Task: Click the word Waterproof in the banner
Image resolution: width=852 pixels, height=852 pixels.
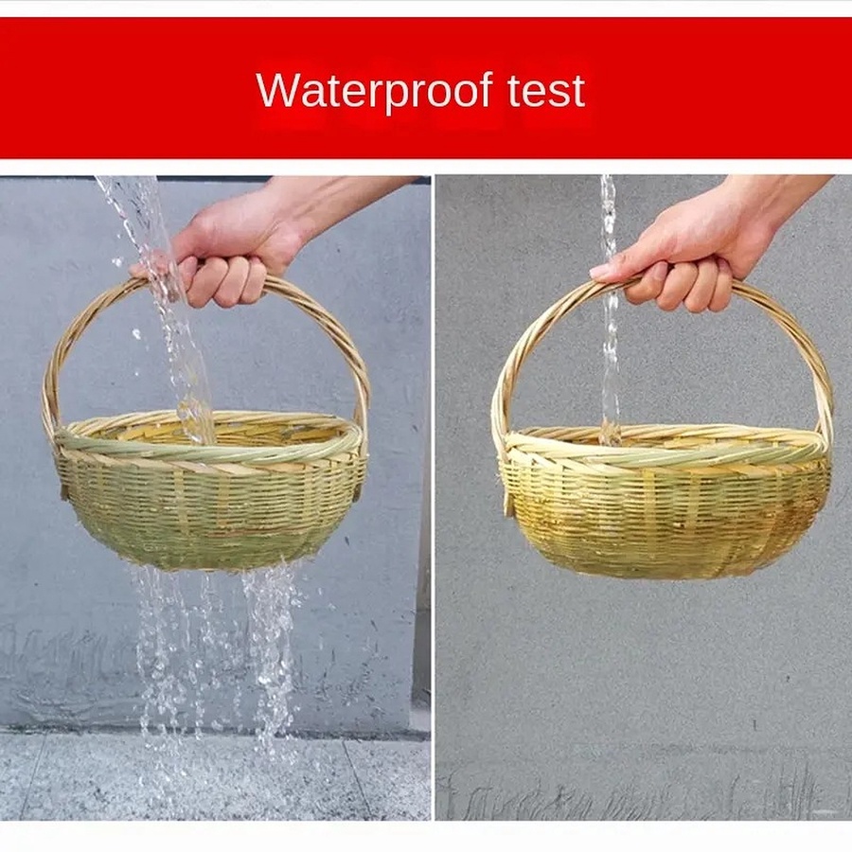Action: coord(374,90)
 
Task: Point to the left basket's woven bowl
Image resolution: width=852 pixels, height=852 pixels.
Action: coord(211,506)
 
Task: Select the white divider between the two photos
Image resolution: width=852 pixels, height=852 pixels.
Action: coord(433,497)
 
